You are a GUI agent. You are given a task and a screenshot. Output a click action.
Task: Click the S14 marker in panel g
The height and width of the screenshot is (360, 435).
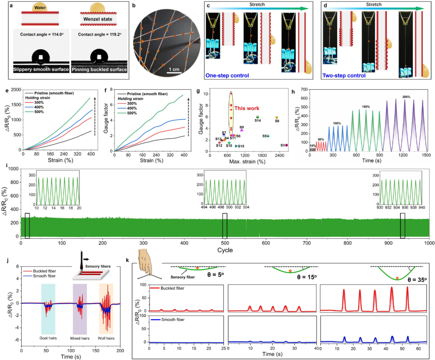tap(257, 117)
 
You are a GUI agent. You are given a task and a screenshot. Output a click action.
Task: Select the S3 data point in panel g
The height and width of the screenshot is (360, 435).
tap(286, 145)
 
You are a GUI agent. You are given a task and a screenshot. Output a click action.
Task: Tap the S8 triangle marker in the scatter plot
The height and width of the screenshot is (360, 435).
tap(277, 118)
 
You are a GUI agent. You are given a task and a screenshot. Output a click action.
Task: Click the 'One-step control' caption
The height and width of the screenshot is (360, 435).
tap(227, 75)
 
